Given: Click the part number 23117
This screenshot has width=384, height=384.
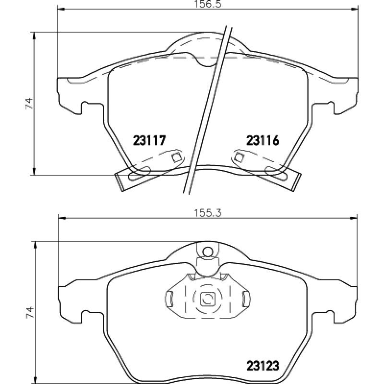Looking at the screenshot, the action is click(x=149, y=140).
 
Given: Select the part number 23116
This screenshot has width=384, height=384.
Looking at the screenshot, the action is click(x=263, y=140).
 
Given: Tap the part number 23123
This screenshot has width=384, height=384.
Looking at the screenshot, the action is click(x=263, y=366).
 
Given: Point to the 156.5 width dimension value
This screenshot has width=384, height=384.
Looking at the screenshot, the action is click(x=208, y=4).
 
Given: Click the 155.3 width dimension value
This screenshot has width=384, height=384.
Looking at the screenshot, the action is click(x=208, y=213).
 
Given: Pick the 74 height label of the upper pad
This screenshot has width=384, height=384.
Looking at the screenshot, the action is click(x=29, y=103).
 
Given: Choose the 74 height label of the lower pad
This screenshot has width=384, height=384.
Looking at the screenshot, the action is click(x=29, y=312).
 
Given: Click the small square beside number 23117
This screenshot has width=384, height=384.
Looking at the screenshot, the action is click(x=176, y=157).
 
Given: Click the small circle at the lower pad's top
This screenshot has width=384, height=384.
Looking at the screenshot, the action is click(x=208, y=251).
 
